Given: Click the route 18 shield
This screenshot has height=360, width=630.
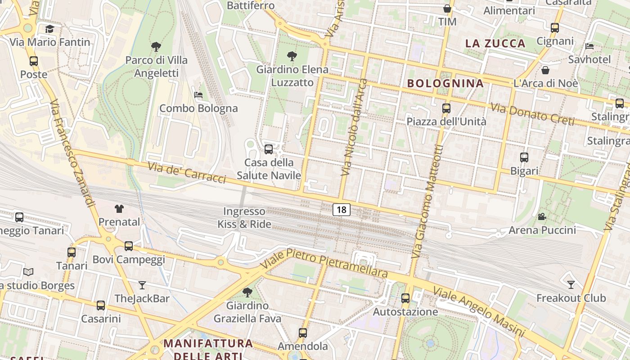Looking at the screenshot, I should pyautogui.click(x=342, y=209).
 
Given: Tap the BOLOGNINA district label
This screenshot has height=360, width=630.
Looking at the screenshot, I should pyautogui.click(x=445, y=83).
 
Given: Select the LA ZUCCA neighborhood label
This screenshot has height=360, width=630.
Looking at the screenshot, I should pyautogui.click(x=495, y=43).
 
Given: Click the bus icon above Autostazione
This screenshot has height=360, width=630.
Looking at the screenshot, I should pyautogui.click(x=405, y=298).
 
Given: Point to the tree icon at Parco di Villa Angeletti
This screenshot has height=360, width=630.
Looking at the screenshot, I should pyautogui.click(x=156, y=46).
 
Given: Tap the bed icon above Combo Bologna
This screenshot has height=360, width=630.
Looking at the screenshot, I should pyautogui.click(x=198, y=94).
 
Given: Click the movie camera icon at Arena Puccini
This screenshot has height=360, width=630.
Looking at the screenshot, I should pyautogui.click(x=542, y=217).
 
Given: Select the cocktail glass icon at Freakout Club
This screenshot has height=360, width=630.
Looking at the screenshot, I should pyautogui.click(x=571, y=284).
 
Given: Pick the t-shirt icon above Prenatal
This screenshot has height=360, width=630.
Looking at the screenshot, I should pyautogui.click(x=119, y=208).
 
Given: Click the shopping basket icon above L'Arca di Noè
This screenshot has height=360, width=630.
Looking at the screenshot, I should pyautogui.click(x=545, y=70).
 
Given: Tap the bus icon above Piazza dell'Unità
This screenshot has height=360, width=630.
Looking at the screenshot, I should pyautogui.click(x=446, y=108).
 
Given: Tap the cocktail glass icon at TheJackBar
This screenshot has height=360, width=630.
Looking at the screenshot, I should pyautogui.click(x=142, y=285).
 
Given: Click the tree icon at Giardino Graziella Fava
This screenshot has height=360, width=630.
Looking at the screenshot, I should pyautogui.click(x=247, y=292).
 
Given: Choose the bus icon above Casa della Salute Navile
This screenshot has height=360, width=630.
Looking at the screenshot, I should pyautogui.click(x=269, y=149).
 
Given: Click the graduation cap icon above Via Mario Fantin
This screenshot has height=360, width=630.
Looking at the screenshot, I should pyautogui.click(x=49, y=29).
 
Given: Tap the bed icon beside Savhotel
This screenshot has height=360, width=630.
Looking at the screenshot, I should pyautogui.click(x=589, y=46).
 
